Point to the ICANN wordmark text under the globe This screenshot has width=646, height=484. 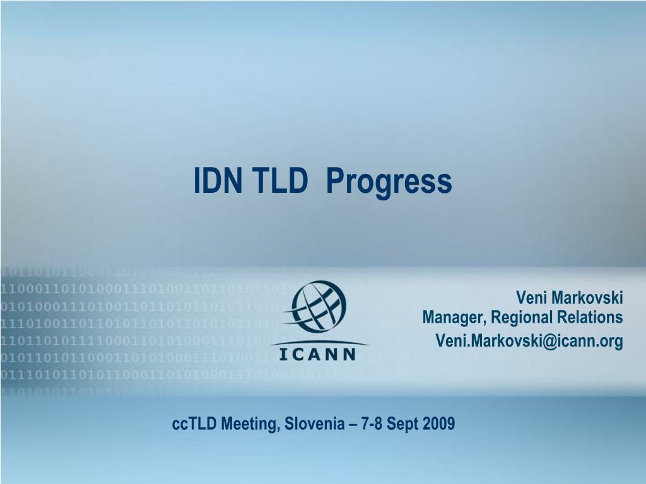317,354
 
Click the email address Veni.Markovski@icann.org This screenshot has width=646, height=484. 529,341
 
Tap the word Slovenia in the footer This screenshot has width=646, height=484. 315,423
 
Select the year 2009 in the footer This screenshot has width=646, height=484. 438,423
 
